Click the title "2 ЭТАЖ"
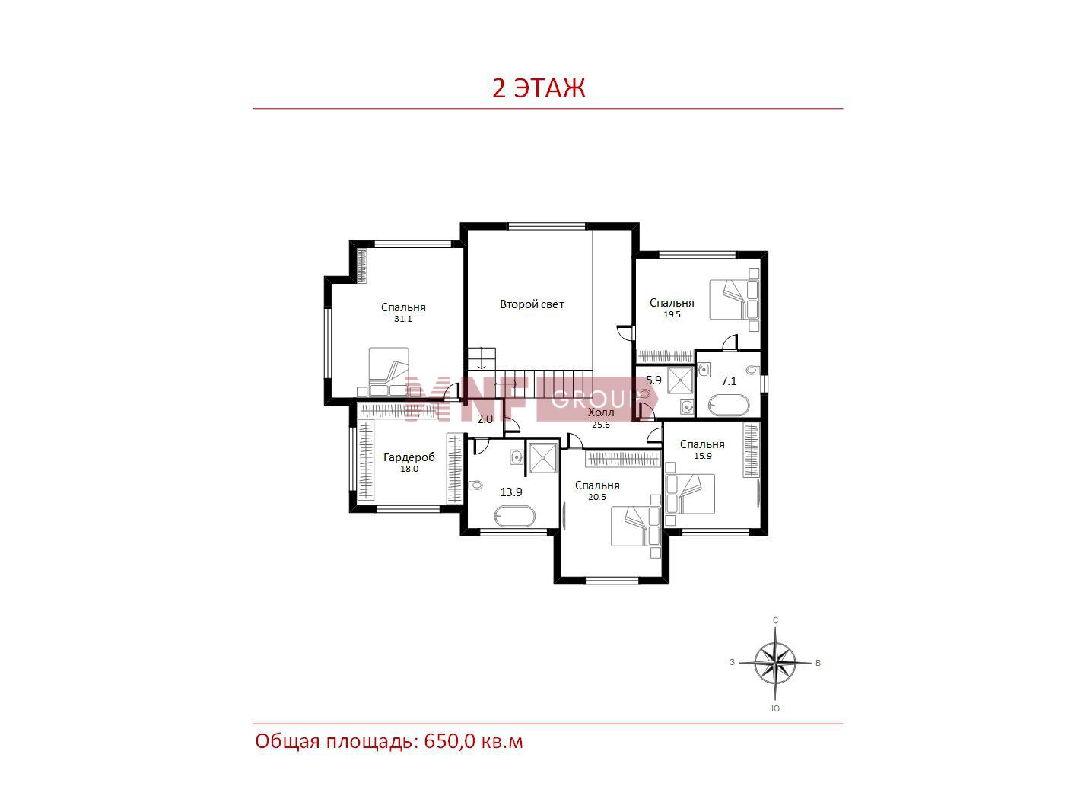(x=539, y=88)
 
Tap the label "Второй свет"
(x=532, y=304)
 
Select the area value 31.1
(x=402, y=319)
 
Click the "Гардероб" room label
(x=409, y=457)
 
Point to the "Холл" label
(x=601, y=413)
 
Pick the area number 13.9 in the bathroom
(x=511, y=492)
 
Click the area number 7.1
(x=729, y=381)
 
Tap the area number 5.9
(x=653, y=380)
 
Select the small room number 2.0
(x=485, y=419)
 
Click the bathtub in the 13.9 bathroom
(x=515, y=517)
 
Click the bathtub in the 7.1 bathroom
(x=729, y=405)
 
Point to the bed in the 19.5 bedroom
(x=733, y=299)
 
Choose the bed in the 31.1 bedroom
(x=388, y=373)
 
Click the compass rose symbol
(x=775, y=663)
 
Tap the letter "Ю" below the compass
(x=775, y=708)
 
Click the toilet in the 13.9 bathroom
(x=476, y=485)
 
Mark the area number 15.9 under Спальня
(x=703, y=456)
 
